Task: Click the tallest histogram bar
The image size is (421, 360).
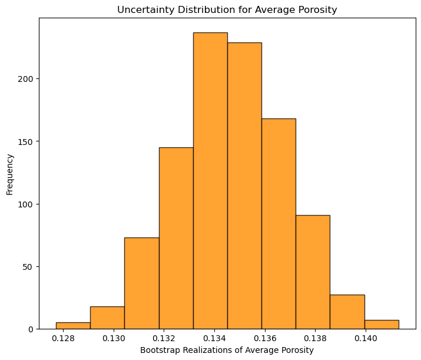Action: tap(210, 180)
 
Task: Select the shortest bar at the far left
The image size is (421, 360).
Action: tap(73, 325)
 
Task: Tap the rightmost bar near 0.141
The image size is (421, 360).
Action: tap(382, 325)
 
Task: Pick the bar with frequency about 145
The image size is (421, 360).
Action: tap(176, 238)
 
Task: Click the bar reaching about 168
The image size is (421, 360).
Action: tap(279, 224)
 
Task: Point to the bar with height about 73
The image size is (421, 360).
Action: tap(141, 283)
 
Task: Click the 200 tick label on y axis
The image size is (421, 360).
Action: tap(27, 79)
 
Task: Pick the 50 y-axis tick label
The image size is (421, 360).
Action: tap(29, 266)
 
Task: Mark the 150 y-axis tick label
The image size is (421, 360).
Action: tap(27, 141)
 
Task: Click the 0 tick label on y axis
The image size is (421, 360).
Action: tap(32, 329)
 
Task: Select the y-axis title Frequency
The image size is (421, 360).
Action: tap(10, 174)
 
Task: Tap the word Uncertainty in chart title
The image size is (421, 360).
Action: tap(142, 9)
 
